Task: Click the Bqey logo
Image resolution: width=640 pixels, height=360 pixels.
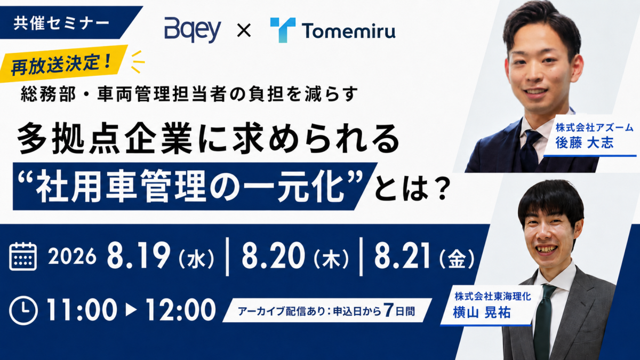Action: pyautogui.click(x=193, y=31)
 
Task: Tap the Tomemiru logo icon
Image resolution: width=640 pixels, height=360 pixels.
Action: pyautogui.click(x=283, y=30)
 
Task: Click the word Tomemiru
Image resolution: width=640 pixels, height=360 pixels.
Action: pyautogui.click(x=349, y=31)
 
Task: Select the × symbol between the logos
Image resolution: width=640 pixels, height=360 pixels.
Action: pyautogui.click(x=244, y=30)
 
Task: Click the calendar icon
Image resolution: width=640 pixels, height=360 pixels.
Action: pyautogui.click(x=23, y=257)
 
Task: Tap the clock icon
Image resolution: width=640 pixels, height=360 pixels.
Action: pyautogui.click(x=23, y=311)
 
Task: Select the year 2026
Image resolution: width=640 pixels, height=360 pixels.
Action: pyautogui.click(x=73, y=257)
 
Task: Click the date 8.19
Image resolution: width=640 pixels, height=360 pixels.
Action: pyautogui.click(x=139, y=255)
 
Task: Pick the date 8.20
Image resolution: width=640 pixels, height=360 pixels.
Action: pyautogui.click(x=274, y=255)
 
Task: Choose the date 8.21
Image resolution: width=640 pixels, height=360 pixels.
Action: pyautogui.click(x=402, y=255)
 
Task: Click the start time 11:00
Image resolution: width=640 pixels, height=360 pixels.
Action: pyautogui.click(x=82, y=310)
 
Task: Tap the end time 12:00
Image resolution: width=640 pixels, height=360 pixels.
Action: pyautogui.click(x=181, y=310)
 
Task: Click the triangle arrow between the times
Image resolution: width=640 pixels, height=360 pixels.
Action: pyautogui.click(x=131, y=310)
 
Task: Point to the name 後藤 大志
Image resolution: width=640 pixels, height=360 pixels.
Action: pyautogui.click(x=585, y=143)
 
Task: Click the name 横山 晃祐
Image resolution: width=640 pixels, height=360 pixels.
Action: pyautogui.click(x=482, y=313)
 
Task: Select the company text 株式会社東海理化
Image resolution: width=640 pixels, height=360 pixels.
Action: pyautogui.click(x=493, y=297)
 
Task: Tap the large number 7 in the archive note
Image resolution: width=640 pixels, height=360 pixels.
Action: pyautogui.click(x=388, y=310)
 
